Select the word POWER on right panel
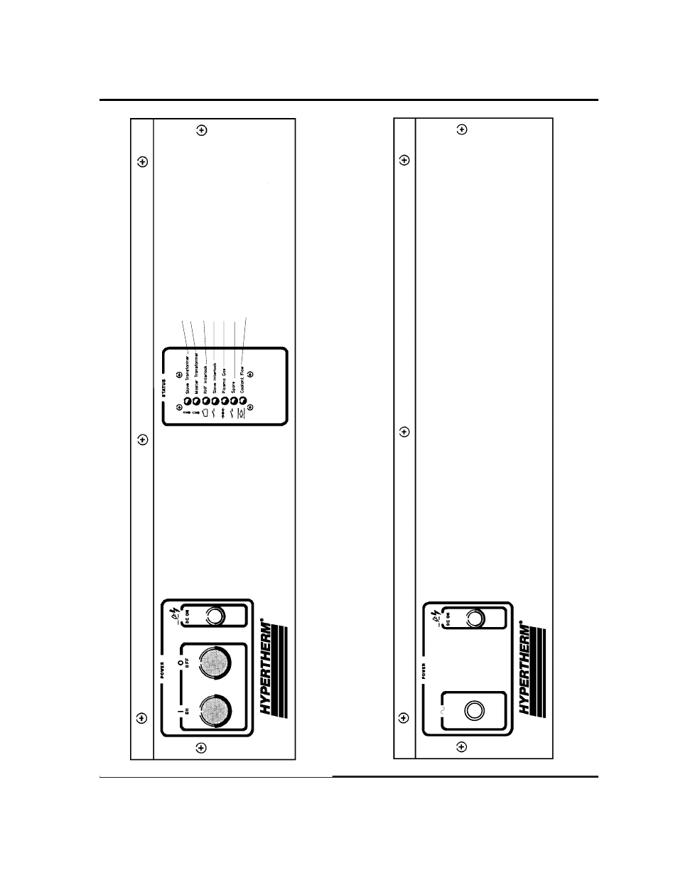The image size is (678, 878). (424, 671)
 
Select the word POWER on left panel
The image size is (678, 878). (163, 670)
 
